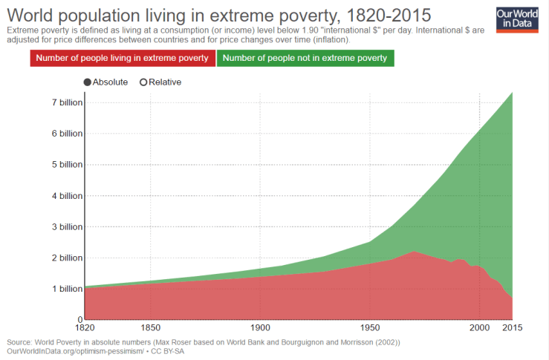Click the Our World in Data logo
tap(516, 19)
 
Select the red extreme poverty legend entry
tap(123, 58)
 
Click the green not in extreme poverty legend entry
tap(305, 58)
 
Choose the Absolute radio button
tap(88, 82)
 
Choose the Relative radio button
tap(143, 82)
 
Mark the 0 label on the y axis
tap(78, 319)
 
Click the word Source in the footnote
tap(21, 342)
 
